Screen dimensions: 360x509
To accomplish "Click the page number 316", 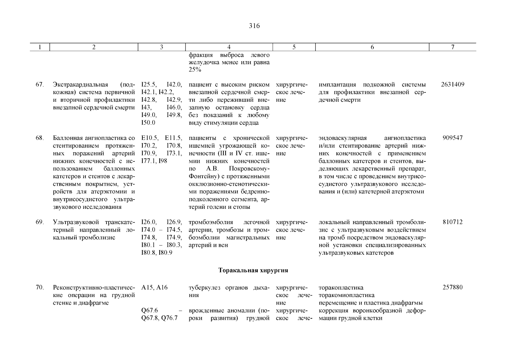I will [254, 26].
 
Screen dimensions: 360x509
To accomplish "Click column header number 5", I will [294, 47].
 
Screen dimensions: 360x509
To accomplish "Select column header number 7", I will [453, 47].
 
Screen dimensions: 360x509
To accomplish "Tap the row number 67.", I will [40, 85].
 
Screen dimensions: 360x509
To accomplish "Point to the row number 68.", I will [40, 138].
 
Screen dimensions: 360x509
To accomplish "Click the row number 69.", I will [40, 222].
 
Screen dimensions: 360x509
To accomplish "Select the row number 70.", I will [40, 288].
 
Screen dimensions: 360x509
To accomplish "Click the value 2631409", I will [453, 85].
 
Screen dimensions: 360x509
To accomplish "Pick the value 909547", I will [453, 138].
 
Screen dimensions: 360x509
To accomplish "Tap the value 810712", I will [453, 222].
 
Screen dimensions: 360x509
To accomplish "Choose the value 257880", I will [453, 288].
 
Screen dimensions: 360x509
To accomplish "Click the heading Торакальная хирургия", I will [253, 270].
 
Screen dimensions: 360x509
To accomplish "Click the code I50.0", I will [148, 123].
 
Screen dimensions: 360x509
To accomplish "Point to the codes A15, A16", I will [154, 288].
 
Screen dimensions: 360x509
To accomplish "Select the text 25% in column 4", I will [195, 70].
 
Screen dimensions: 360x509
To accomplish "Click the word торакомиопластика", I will [346, 295].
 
